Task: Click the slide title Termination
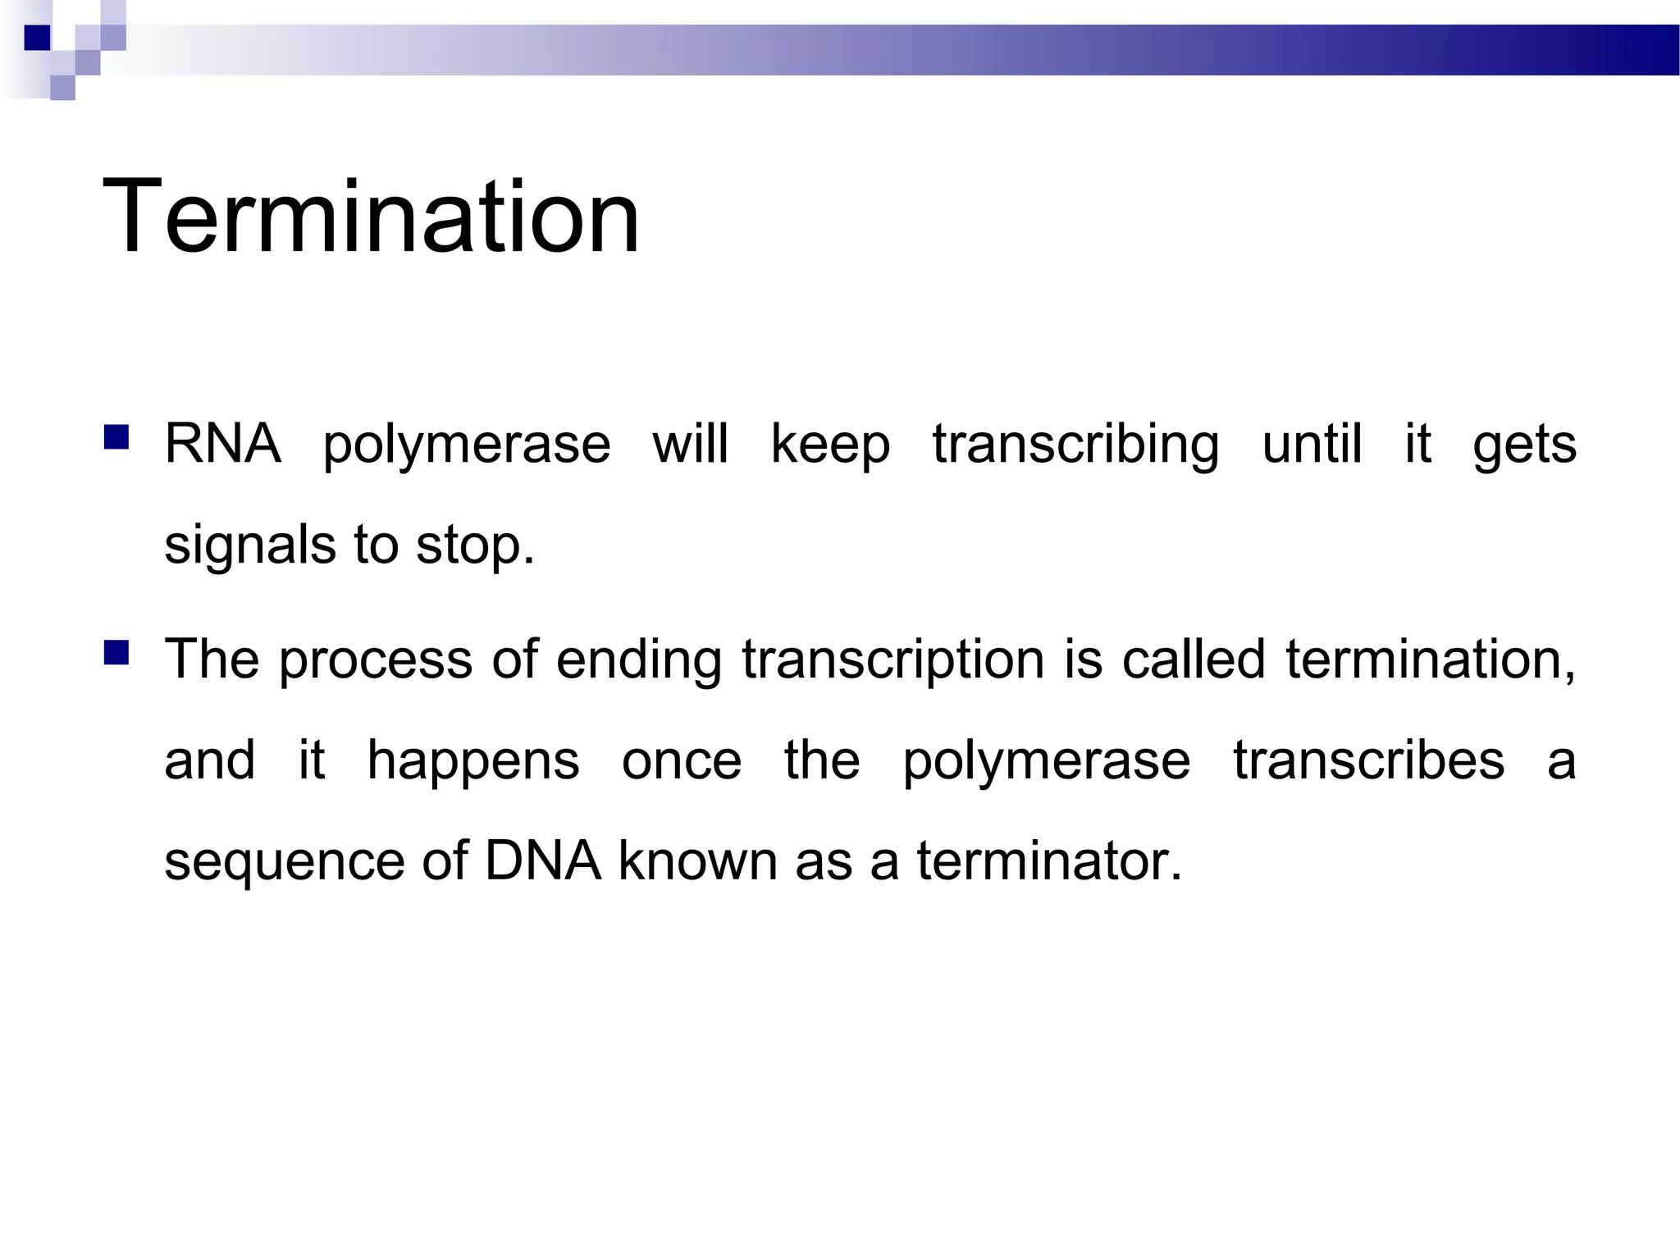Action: [x=371, y=217]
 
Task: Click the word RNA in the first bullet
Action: [x=222, y=444]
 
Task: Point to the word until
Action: [x=1312, y=444]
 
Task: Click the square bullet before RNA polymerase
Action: [x=116, y=437]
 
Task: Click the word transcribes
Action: [x=1369, y=760]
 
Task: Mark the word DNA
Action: [x=543, y=861]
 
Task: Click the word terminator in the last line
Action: [x=1048, y=861]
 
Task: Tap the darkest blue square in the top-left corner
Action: [x=37, y=38]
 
